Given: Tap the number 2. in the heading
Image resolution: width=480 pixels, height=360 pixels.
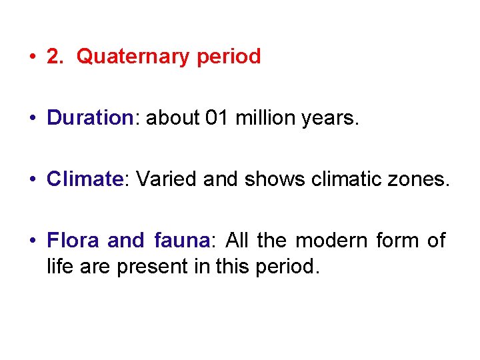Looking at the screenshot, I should pyautogui.click(x=55, y=57).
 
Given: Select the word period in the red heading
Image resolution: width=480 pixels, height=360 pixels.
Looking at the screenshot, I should pyautogui.click(x=229, y=57).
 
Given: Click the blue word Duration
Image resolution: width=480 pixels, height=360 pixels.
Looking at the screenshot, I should pyautogui.click(x=90, y=118).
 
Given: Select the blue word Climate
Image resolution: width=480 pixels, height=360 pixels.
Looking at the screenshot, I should pyautogui.click(x=83, y=179).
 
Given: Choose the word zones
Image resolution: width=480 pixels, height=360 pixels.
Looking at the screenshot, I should pyautogui.click(x=421, y=179).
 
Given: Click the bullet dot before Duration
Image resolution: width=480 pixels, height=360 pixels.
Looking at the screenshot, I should pyautogui.click(x=33, y=119).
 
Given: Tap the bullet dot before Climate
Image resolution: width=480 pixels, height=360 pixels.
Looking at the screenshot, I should pyautogui.click(x=33, y=180).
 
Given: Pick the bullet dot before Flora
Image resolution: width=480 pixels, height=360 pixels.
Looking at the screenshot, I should pyautogui.click(x=33, y=241).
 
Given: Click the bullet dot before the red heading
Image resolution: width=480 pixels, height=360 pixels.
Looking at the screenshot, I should pyautogui.click(x=33, y=58).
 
